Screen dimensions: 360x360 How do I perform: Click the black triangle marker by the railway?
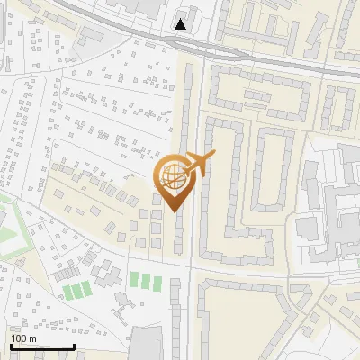coord(182,24)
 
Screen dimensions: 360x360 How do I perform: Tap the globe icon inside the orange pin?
coord(171,176)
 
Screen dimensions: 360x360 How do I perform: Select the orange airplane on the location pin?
coord(198,165)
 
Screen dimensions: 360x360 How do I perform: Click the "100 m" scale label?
coord(23,338)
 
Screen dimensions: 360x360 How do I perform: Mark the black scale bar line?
coord(42,346)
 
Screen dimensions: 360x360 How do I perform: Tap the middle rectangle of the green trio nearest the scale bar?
coord(76,290)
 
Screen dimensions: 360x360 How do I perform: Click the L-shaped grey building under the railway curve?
coord(90,36)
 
